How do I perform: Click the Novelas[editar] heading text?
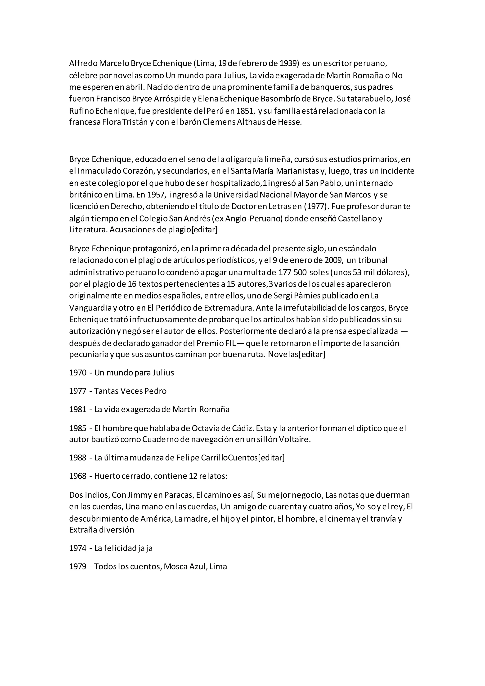click(x=296, y=355)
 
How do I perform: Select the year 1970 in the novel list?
click(x=78, y=373)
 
